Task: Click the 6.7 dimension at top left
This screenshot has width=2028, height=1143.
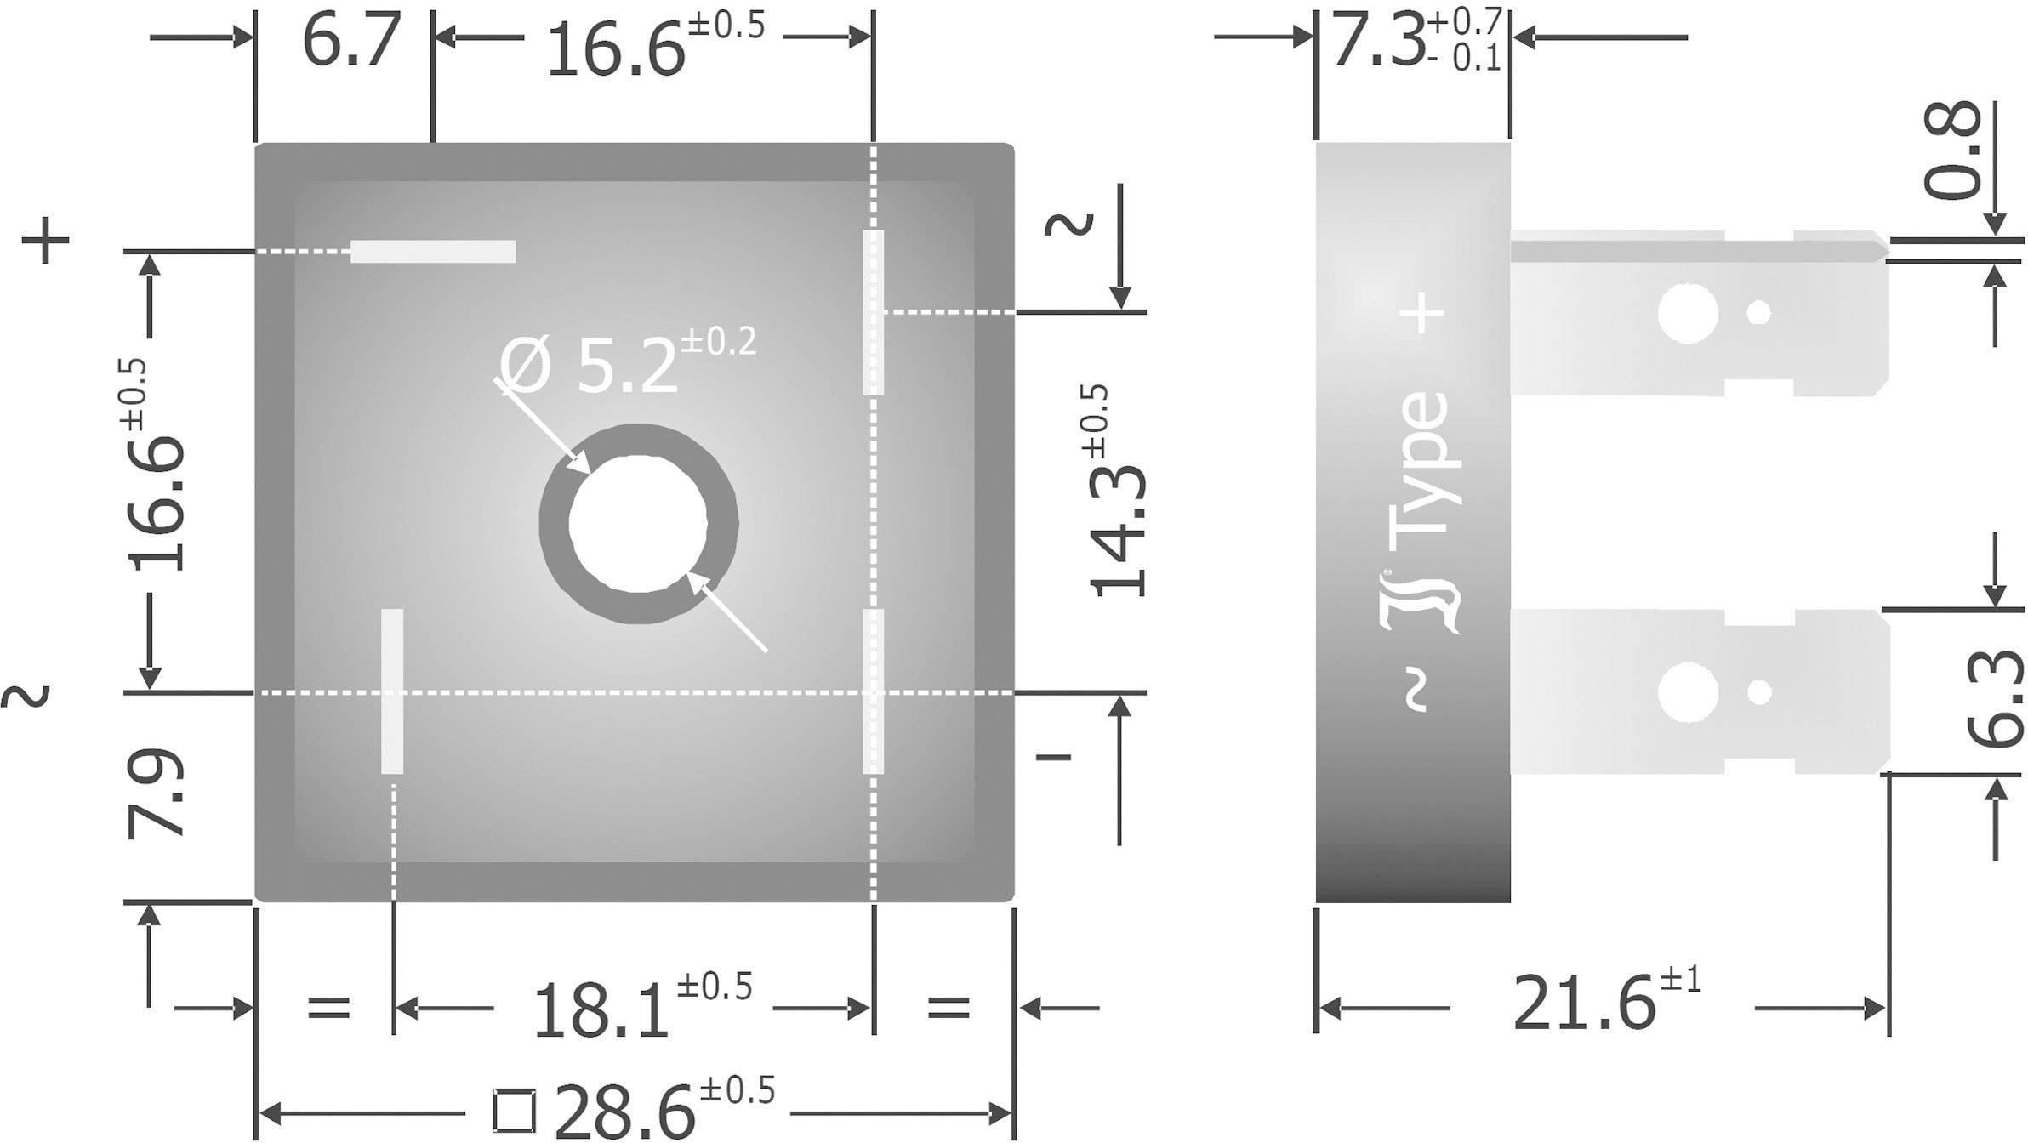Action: click(350, 43)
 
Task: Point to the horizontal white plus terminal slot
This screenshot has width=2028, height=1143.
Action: click(433, 252)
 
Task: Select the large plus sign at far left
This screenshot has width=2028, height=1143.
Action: click(45, 241)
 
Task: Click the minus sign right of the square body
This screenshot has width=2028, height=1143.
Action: click(1053, 756)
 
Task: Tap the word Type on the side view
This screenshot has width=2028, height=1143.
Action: click(1419, 463)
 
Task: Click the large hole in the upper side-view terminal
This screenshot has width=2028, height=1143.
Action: click(1687, 313)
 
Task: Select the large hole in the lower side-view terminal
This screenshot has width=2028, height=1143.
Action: click(1687, 692)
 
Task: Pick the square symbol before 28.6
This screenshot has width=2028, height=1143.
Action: click(515, 1111)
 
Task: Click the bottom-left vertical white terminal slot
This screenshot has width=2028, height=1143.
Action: click(392, 691)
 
